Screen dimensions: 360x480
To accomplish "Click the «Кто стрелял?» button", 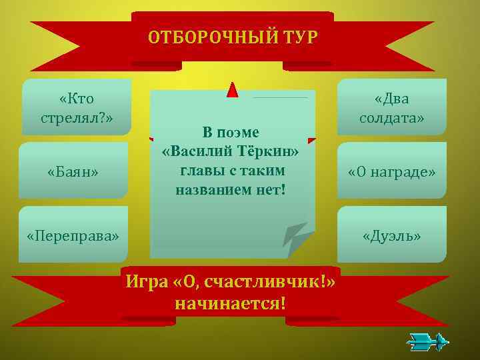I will pyautogui.click(x=76, y=108).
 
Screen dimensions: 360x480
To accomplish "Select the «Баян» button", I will pyautogui.click(x=73, y=172).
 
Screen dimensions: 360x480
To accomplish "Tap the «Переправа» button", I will pyautogui.click(x=73, y=236).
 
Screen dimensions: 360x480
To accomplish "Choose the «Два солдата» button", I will pyautogui.click(x=392, y=108).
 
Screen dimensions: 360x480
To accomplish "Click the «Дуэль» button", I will pyautogui.click(x=392, y=236).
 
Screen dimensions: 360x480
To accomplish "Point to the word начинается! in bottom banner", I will pyautogui.click(x=230, y=304).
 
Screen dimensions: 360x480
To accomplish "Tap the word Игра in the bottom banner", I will pyautogui.click(x=146, y=283).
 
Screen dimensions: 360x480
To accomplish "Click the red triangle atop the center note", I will pyautogui.click(x=232, y=90).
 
